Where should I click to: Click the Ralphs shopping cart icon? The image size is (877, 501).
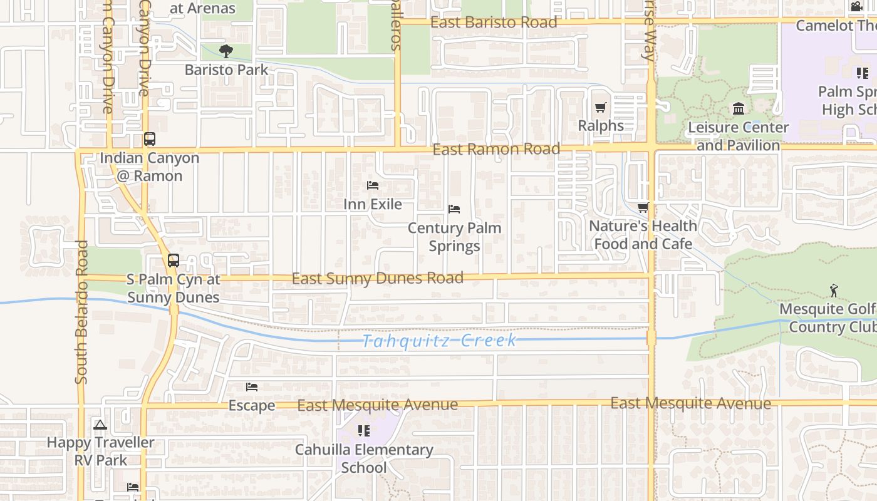[x=601, y=107]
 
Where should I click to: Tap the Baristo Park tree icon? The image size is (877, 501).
[x=226, y=51]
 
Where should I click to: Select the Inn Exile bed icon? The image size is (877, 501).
[x=373, y=185]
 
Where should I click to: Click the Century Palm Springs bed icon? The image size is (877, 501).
[x=454, y=209]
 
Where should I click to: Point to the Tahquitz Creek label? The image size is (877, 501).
[x=440, y=341]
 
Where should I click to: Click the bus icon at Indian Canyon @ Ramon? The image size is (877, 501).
[x=149, y=139]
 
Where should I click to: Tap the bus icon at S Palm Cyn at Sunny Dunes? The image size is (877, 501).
[x=173, y=261]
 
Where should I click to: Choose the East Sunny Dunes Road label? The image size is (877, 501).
[x=378, y=278]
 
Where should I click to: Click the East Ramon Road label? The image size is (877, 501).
[x=496, y=149]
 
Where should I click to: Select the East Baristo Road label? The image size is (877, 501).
[x=494, y=23]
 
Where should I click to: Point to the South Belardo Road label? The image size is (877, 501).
[x=81, y=312]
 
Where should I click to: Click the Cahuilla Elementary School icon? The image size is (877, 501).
[x=363, y=431]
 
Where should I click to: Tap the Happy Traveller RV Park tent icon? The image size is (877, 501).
[x=100, y=425]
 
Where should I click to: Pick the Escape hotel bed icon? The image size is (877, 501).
[x=252, y=387]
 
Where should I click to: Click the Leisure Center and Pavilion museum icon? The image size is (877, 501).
[x=739, y=109]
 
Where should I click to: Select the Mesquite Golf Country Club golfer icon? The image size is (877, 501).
[x=833, y=291]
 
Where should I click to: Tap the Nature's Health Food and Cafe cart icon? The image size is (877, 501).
[x=643, y=208]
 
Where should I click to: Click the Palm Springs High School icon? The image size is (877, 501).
[x=863, y=73]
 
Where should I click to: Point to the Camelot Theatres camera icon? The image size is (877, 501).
[x=856, y=7]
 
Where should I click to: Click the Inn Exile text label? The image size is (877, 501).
[x=373, y=204]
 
